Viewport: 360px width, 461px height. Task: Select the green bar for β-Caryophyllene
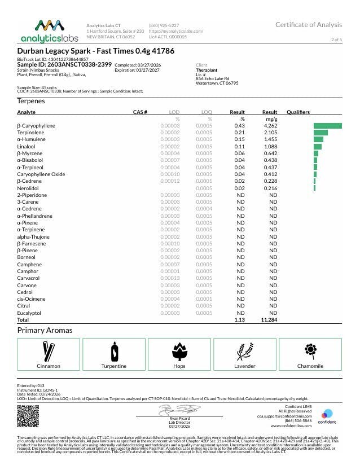click(328, 125)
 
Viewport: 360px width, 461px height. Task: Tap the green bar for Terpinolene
click(321, 132)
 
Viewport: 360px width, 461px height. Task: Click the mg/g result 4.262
click(271, 125)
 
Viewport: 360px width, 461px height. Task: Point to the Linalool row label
click(26, 146)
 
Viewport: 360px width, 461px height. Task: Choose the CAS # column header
click(140, 112)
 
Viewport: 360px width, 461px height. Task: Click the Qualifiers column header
click(298, 112)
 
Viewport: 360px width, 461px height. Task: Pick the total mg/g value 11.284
click(270, 319)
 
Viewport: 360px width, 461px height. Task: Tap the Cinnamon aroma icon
click(49, 351)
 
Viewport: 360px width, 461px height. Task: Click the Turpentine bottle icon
click(114, 351)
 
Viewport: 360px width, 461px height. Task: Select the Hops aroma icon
click(179, 351)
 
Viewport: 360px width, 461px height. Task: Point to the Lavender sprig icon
click(245, 351)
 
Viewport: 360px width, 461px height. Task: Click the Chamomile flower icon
click(310, 351)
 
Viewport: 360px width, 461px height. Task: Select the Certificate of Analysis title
click(308, 25)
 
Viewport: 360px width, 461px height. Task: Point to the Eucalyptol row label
click(29, 313)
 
